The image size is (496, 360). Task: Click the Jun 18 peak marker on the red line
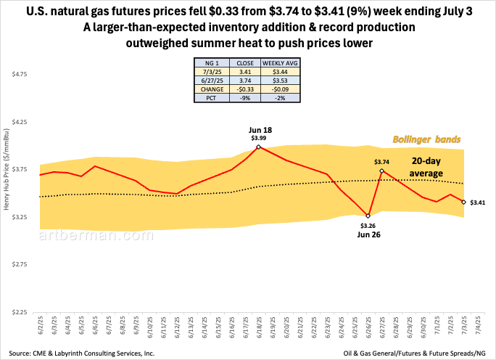259,147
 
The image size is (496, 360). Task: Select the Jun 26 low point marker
368,216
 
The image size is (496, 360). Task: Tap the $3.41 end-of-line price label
479,202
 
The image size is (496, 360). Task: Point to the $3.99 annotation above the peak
259,137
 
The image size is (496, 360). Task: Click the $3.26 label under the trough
368,226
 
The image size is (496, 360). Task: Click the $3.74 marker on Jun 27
382,171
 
